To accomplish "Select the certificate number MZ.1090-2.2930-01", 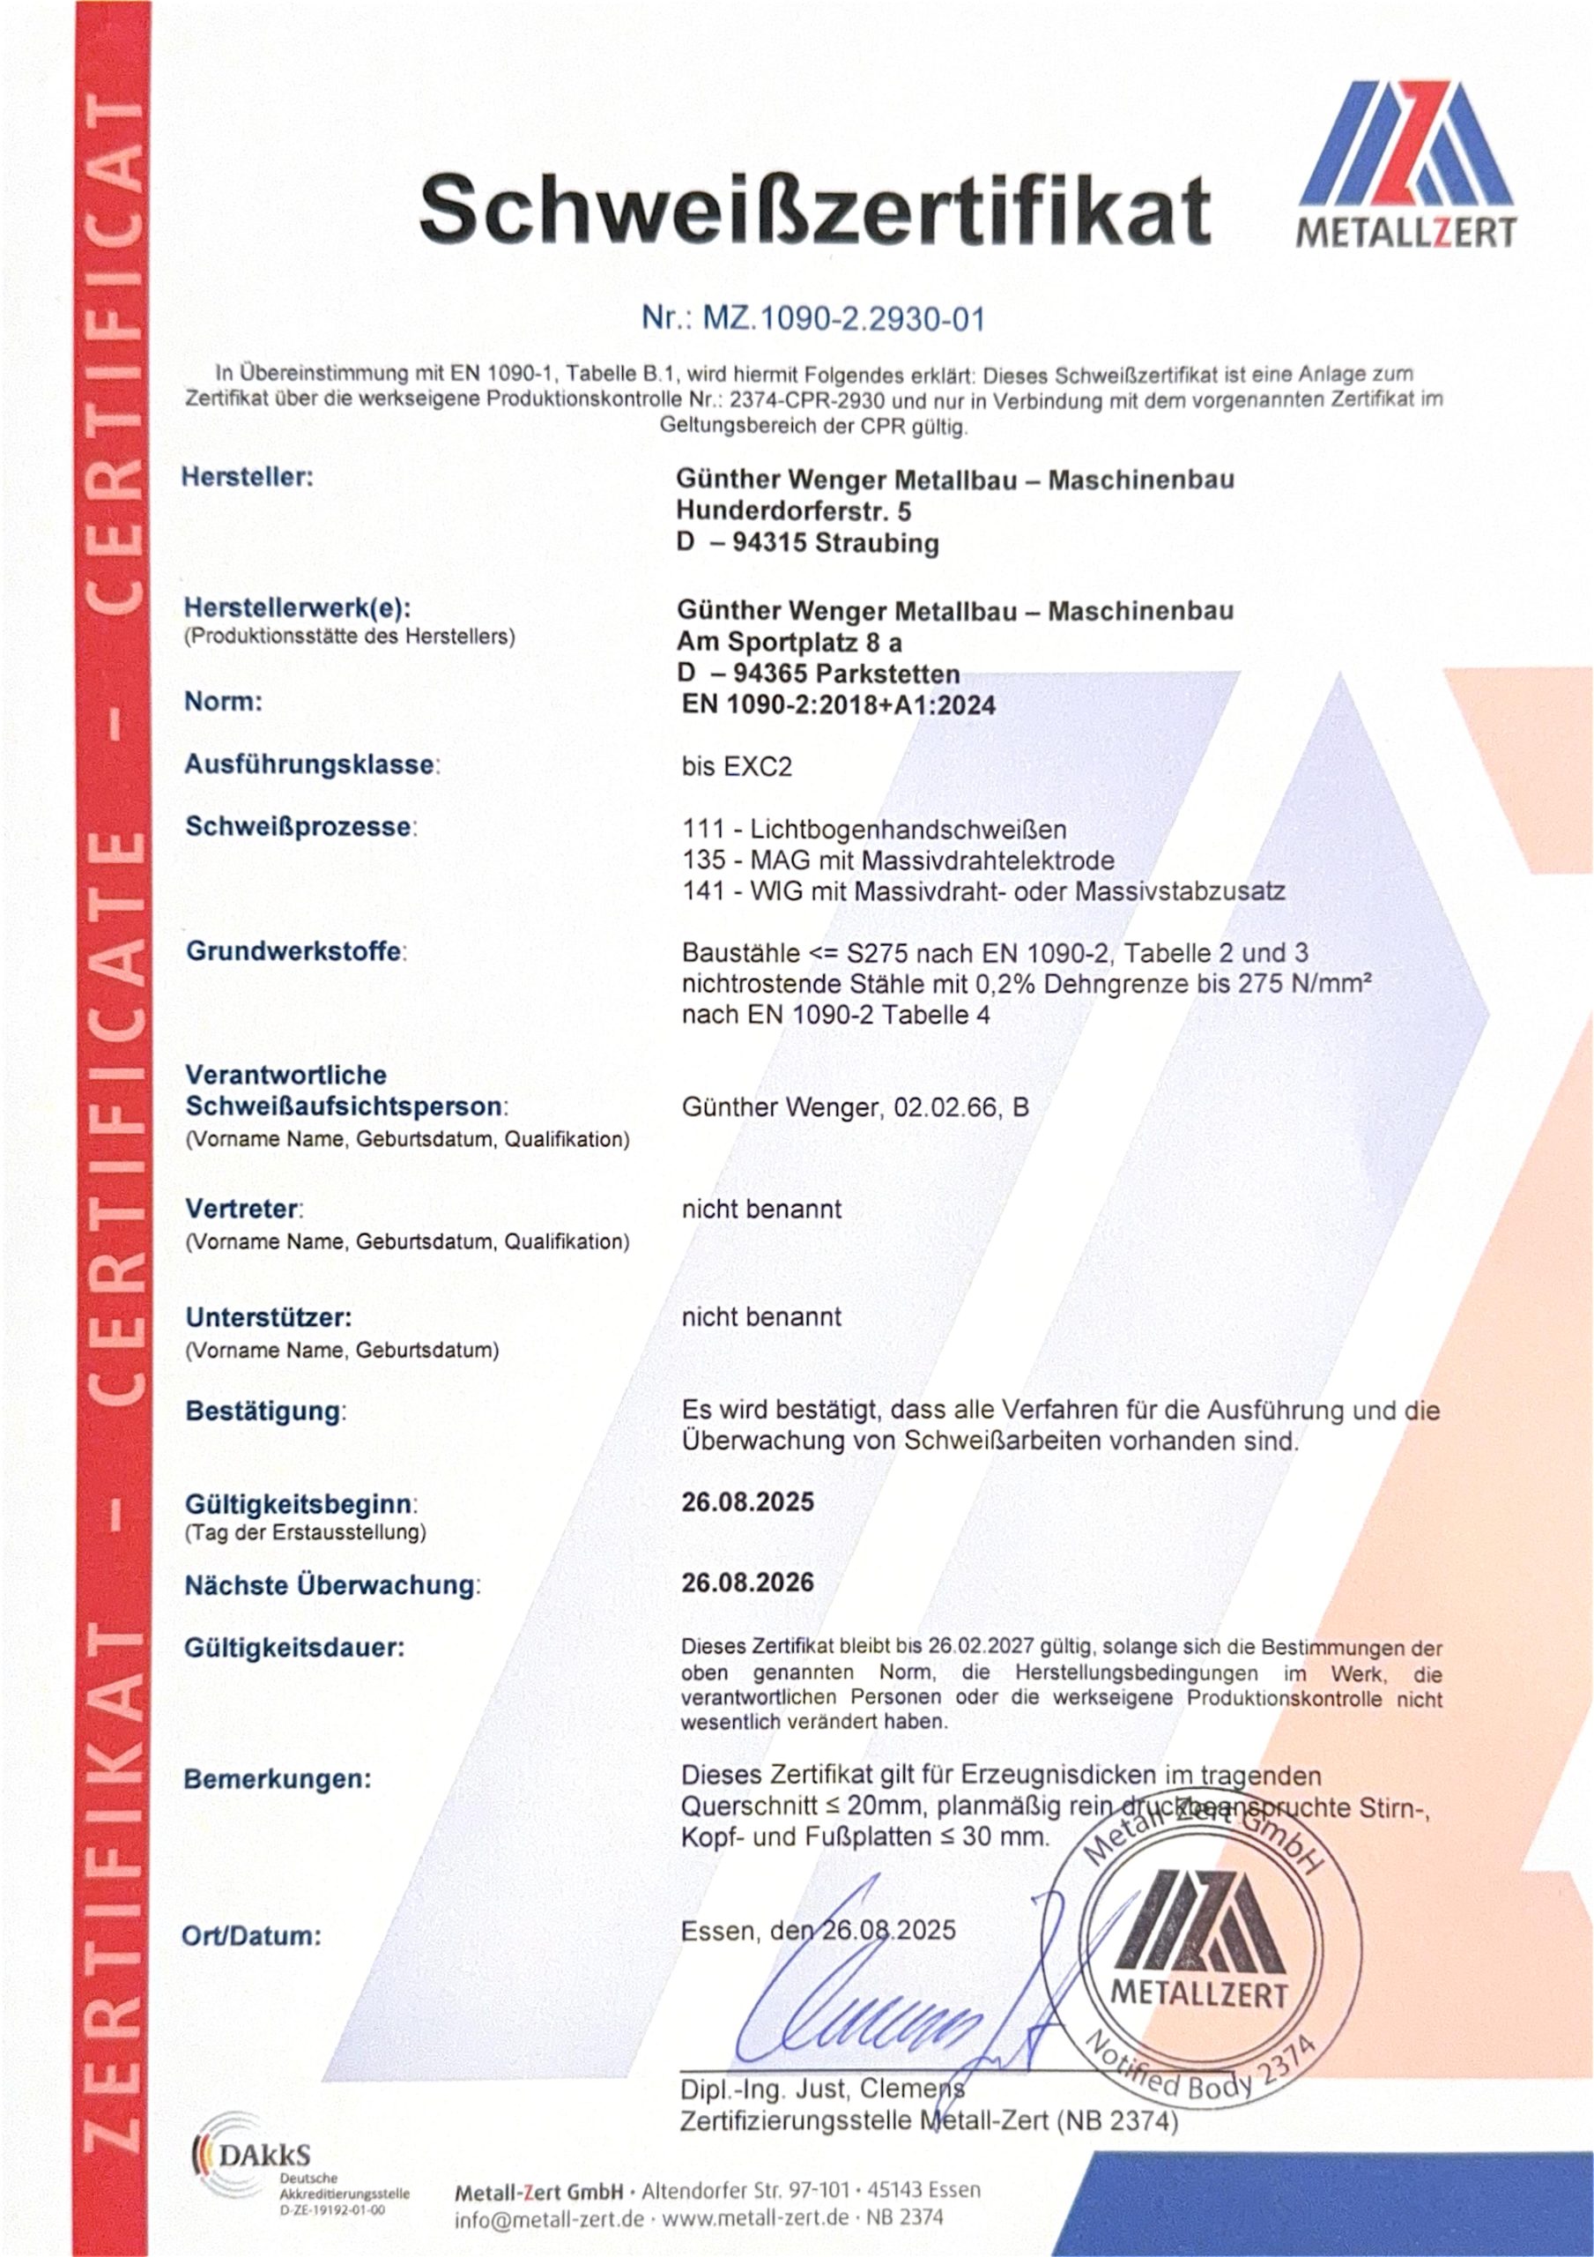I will [813, 318].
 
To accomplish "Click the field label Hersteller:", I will [248, 478].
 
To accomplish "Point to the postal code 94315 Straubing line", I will [808, 544].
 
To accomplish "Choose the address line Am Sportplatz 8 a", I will [790, 642].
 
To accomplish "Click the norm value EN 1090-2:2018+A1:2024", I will [838, 704].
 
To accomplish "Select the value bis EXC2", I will [737, 767].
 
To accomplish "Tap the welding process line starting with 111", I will [875, 829].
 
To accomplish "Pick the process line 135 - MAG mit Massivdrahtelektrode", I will [898, 860].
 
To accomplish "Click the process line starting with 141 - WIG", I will [983, 891].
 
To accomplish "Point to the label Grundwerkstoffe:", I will [296, 951].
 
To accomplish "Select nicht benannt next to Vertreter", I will [761, 1209].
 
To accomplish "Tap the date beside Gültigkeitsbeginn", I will [748, 1502].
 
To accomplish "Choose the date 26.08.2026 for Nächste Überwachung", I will [748, 1583].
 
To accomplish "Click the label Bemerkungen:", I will [278, 1779].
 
